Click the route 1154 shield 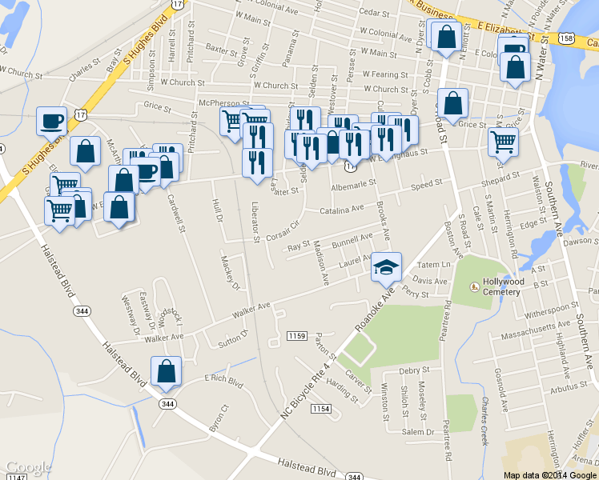pos(321,409)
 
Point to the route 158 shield pos(567,38)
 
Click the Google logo pos(28,467)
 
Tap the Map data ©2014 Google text pos(549,474)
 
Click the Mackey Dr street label pos(231,273)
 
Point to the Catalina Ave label pos(345,208)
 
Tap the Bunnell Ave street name pos(352,238)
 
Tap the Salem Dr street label pos(417,432)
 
